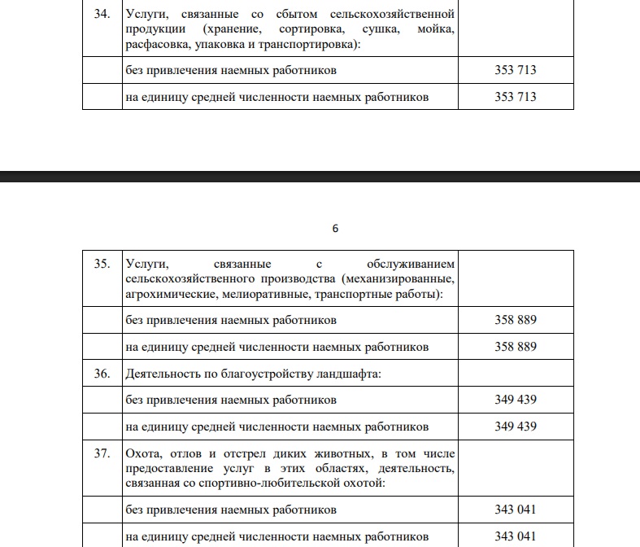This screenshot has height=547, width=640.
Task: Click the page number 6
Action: [x=335, y=229]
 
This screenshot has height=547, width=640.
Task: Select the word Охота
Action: [x=143, y=453]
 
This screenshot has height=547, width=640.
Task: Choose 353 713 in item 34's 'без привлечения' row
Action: [x=515, y=70]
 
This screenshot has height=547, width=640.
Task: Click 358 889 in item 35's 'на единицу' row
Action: [x=515, y=347]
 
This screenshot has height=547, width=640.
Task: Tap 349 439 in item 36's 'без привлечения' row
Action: [x=515, y=400]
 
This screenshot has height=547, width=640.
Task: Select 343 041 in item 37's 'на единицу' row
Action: [x=515, y=536]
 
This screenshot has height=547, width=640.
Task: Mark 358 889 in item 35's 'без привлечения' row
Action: [x=515, y=320]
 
